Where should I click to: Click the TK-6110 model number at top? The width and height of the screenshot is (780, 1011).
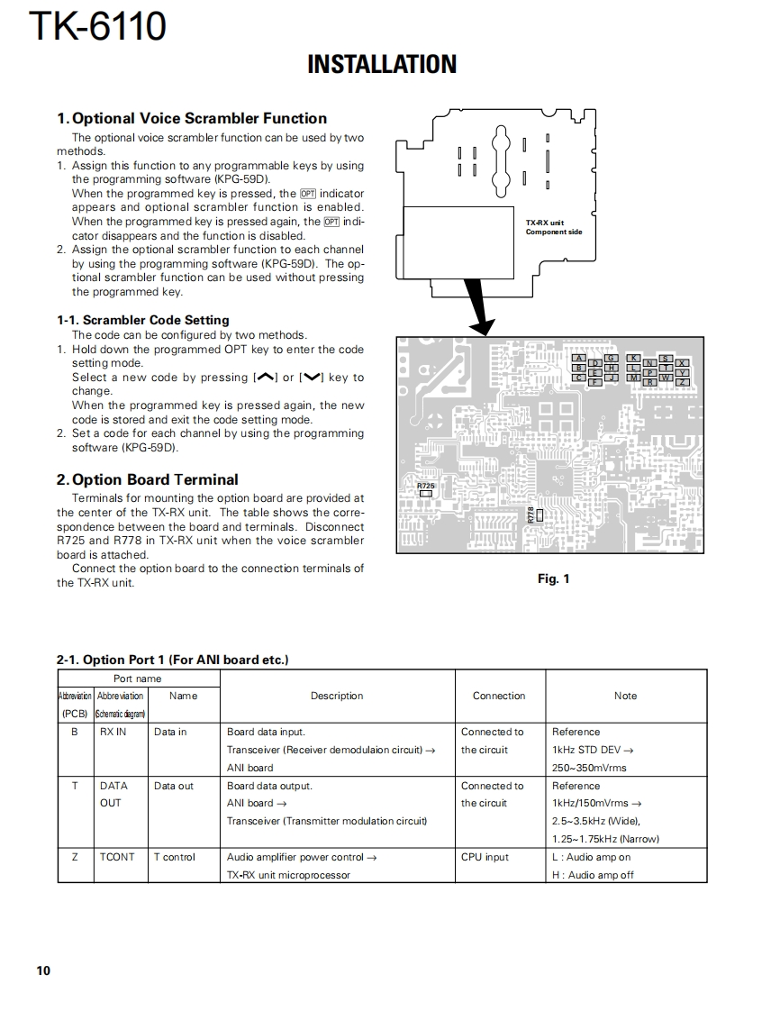(x=97, y=26)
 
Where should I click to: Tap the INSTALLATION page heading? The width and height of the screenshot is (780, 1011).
(x=382, y=65)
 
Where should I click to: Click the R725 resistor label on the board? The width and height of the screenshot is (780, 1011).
(x=426, y=486)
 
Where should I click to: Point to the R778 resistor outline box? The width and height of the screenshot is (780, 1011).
(x=540, y=515)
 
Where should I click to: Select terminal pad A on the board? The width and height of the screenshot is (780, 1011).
(x=579, y=359)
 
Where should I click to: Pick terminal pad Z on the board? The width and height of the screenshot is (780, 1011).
(x=683, y=382)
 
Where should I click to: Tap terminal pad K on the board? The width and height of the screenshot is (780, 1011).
(x=634, y=359)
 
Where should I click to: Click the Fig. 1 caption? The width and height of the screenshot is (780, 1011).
(x=553, y=578)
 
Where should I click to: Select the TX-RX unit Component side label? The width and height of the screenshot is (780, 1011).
(x=553, y=227)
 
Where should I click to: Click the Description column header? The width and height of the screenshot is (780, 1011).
(x=337, y=696)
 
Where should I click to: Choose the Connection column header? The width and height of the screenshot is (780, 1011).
(x=499, y=696)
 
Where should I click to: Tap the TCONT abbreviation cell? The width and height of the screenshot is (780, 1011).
(x=117, y=857)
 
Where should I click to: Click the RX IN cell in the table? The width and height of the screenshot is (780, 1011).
(x=113, y=732)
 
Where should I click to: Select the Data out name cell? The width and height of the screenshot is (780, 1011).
(x=174, y=786)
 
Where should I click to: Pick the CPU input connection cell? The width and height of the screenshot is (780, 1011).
(x=485, y=857)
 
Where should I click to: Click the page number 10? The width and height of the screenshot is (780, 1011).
(x=43, y=970)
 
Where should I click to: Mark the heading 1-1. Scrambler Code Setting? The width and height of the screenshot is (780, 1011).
(x=143, y=320)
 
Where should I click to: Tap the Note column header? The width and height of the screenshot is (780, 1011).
(x=625, y=696)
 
